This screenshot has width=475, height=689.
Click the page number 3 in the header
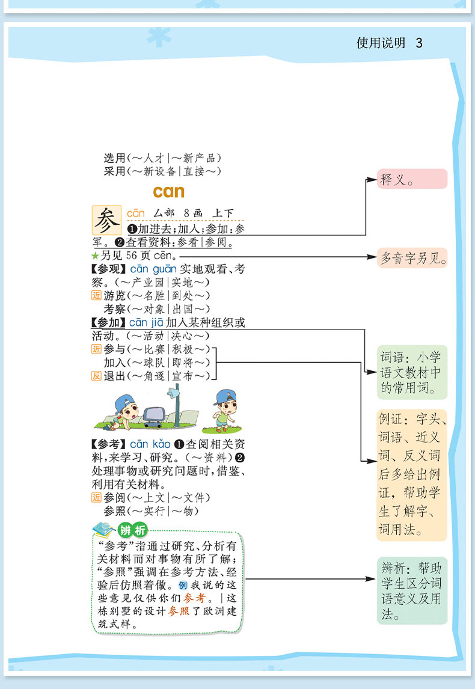(x=419, y=43)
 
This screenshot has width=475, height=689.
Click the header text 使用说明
(x=381, y=43)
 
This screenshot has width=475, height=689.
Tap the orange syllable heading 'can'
(x=169, y=192)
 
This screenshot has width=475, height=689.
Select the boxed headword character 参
(x=106, y=220)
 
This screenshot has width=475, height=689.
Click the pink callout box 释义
(x=412, y=179)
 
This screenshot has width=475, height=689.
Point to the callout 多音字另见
(x=412, y=258)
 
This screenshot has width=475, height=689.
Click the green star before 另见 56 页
(x=96, y=256)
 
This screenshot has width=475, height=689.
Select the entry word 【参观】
(x=109, y=269)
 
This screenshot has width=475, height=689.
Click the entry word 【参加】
(x=109, y=322)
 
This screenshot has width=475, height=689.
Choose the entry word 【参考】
(x=109, y=444)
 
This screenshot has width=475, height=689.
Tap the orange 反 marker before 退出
(x=96, y=376)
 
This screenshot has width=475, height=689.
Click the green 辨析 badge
(x=133, y=530)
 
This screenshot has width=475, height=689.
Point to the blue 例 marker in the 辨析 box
(x=183, y=586)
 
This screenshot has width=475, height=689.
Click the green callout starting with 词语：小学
(x=412, y=372)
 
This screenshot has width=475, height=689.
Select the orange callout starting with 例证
(x=412, y=475)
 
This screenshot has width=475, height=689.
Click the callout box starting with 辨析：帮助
(x=412, y=590)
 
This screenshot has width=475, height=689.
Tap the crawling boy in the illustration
(x=121, y=413)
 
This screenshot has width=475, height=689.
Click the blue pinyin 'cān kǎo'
(x=150, y=444)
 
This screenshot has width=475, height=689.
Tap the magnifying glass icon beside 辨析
(x=103, y=529)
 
